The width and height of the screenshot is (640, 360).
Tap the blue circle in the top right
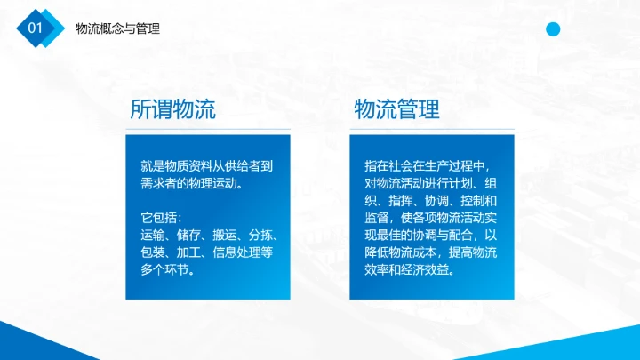[553, 29]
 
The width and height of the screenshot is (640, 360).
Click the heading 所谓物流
[172, 110]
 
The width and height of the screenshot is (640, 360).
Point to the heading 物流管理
[396, 110]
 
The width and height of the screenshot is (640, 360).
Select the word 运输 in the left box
[153, 236]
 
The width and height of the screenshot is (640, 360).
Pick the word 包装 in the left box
[153, 253]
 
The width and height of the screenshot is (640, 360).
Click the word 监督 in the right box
[376, 218]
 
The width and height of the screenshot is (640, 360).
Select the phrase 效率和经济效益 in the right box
[407, 270]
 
